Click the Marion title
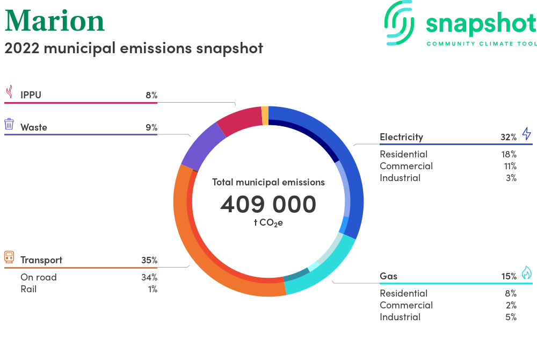(x=54, y=21)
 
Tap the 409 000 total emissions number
(x=268, y=204)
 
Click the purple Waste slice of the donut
(x=202, y=146)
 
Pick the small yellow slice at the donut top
(x=265, y=116)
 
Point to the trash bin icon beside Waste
(x=9, y=124)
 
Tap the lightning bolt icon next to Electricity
(x=527, y=133)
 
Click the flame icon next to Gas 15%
(x=527, y=272)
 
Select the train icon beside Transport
(x=9, y=257)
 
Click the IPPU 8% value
(x=151, y=95)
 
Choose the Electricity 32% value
(x=509, y=138)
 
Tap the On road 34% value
(x=149, y=277)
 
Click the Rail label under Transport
(x=28, y=290)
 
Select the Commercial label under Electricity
(x=406, y=166)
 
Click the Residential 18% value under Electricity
(x=509, y=155)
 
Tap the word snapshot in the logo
(x=481, y=24)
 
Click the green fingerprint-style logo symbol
(x=399, y=23)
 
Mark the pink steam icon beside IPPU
(x=10, y=92)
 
